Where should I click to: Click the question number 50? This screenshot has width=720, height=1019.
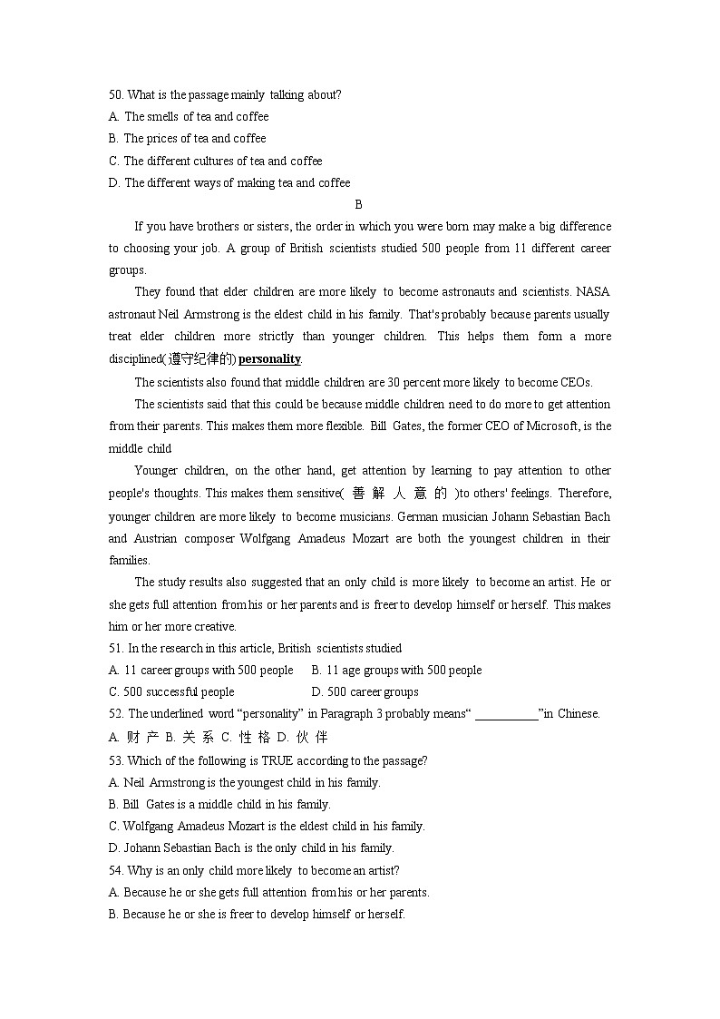tap(115, 94)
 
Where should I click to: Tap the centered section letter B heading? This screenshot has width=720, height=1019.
tap(359, 205)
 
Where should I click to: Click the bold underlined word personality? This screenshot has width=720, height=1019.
tap(269, 358)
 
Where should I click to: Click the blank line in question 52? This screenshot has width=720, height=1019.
tap(506, 714)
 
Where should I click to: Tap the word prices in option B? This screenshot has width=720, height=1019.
tap(165, 139)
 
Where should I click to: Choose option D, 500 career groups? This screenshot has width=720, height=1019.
tap(365, 692)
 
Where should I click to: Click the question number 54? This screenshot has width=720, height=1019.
tap(115, 870)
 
